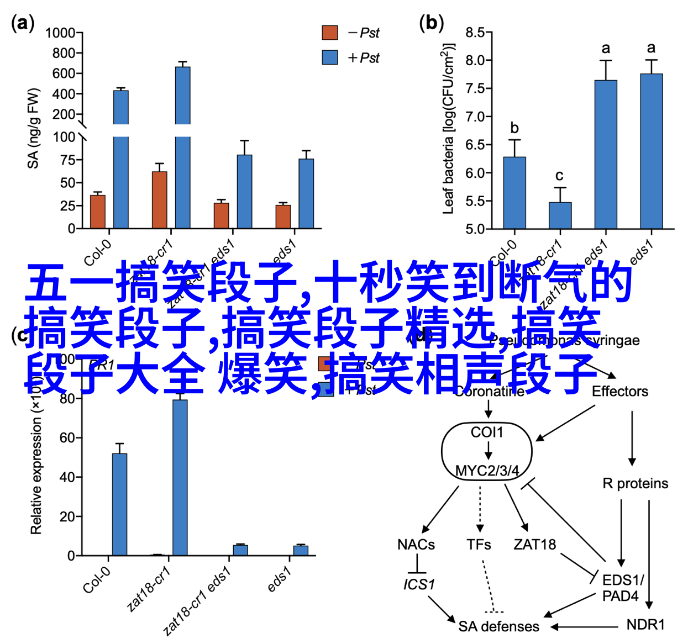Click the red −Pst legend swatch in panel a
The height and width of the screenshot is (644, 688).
[x=330, y=33]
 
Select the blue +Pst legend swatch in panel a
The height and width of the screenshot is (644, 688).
[x=330, y=57]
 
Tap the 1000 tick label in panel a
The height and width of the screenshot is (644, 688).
[x=60, y=33]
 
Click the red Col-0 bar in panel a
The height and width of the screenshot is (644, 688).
[x=98, y=212]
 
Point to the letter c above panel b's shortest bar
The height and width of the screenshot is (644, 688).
[x=559, y=176]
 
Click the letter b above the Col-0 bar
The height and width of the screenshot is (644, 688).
[x=514, y=128]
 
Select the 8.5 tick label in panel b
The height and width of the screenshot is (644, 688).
[x=475, y=33]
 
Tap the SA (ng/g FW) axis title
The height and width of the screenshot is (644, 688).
[x=34, y=128]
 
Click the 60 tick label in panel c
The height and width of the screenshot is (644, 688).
[x=67, y=438]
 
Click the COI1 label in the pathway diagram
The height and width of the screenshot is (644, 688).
[x=487, y=432]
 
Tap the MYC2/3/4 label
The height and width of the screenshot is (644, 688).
[x=487, y=471]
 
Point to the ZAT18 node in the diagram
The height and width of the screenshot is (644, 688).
[x=534, y=545]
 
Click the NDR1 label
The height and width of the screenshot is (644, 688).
[x=645, y=625]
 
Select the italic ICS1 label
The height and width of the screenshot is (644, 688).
[x=419, y=584]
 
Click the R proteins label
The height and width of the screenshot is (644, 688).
[x=635, y=484]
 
